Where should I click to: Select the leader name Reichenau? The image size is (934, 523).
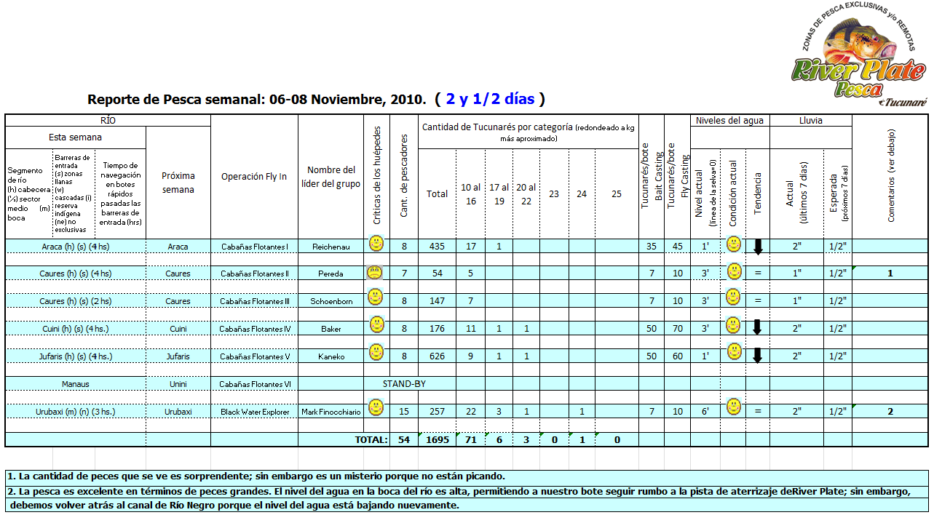[x=331, y=247]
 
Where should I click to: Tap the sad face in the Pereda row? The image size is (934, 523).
[x=375, y=273]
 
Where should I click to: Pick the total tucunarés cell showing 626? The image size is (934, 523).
[x=437, y=356]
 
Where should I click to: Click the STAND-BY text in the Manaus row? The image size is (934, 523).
[x=404, y=383]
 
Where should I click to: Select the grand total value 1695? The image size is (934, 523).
[x=437, y=440]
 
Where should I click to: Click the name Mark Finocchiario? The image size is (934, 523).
[x=331, y=412]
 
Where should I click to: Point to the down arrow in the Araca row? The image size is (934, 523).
[x=757, y=246]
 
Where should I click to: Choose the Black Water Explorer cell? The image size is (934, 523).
[x=255, y=412]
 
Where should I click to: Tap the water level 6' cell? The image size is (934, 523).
[x=705, y=412]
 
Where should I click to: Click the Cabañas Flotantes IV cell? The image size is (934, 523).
[x=255, y=329]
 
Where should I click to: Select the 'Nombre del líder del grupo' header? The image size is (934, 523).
[x=331, y=177]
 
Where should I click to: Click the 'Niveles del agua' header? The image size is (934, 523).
[x=729, y=120]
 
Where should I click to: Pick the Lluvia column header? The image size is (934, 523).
[x=810, y=120]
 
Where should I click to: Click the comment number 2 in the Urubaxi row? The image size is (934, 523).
[x=890, y=412]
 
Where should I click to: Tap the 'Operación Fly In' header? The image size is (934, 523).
[x=254, y=177]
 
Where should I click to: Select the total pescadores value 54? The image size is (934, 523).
[x=404, y=440]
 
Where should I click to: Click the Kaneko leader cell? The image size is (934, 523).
[x=331, y=356]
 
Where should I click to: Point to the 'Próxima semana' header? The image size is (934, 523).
[x=178, y=183]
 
